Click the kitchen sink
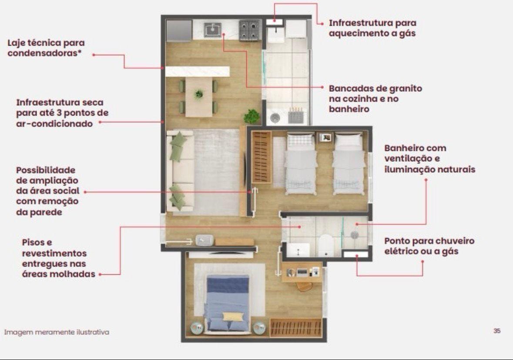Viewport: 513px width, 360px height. [x=213, y=30]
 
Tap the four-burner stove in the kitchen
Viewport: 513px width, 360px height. [x=250, y=30]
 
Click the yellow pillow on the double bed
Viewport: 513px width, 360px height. [x=233, y=317]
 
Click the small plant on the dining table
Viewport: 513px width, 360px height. [x=198, y=94]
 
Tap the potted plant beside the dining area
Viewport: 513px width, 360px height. [x=251, y=116]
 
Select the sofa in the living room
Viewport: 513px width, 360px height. [x=180, y=171]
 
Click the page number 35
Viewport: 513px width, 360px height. [x=497, y=331]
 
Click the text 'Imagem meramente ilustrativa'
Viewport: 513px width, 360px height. [x=57, y=332]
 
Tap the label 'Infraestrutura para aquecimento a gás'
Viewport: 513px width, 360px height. [x=372, y=28]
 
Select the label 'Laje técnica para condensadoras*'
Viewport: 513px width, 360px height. [x=46, y=48]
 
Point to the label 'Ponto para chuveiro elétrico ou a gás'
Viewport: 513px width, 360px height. [x=429, y=246]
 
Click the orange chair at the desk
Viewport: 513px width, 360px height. [x=305, y=286]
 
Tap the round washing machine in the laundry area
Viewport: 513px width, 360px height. [x=275, y=118]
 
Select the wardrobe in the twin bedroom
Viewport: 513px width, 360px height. [x=262, y=157]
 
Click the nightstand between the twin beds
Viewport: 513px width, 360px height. [x=325, y=137]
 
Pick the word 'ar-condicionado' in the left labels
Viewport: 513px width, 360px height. [x=54, y=124]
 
